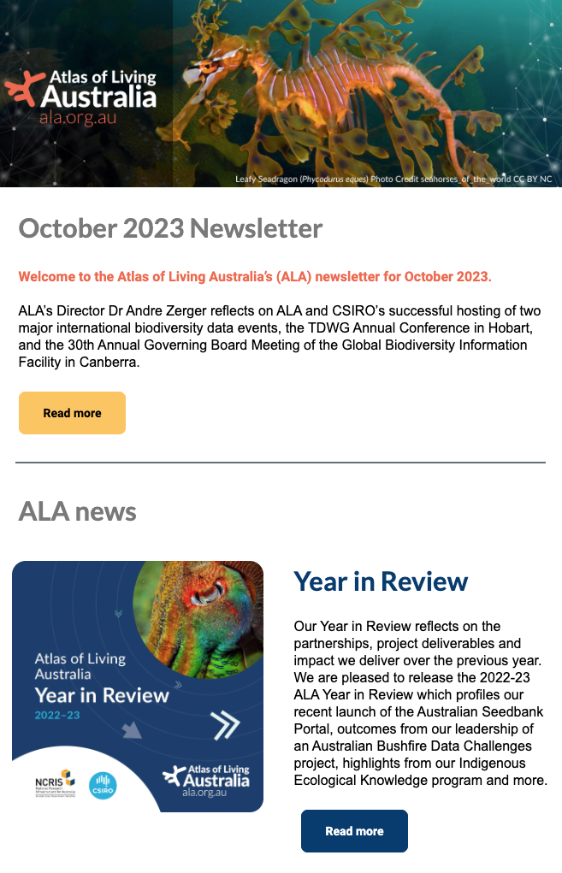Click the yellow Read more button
pos(72,413)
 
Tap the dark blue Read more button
pos(354,831)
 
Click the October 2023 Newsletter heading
pos(170,229)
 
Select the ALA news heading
pos(77,511)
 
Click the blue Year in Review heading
pos(381,581)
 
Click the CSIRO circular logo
pos(103,785)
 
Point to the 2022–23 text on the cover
pos(57,715)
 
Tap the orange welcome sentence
pos(255,277)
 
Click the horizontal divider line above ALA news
pos(281,463)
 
